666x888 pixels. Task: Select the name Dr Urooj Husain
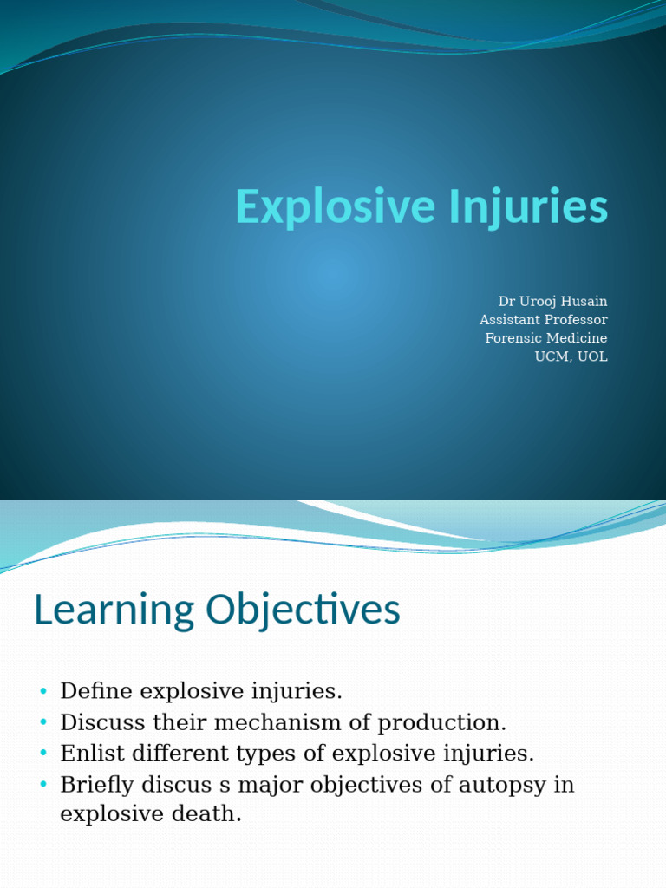pos(552,301)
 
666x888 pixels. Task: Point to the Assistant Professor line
pos(544,320)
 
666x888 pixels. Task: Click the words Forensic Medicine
pos(546,338)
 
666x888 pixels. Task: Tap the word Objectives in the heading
pos(303,611)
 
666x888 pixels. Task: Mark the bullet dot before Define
pos(42,691)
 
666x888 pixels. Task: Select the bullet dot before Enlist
pos(42,754)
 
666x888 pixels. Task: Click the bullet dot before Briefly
pos(42,785)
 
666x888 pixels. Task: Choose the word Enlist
pos(90,754)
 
